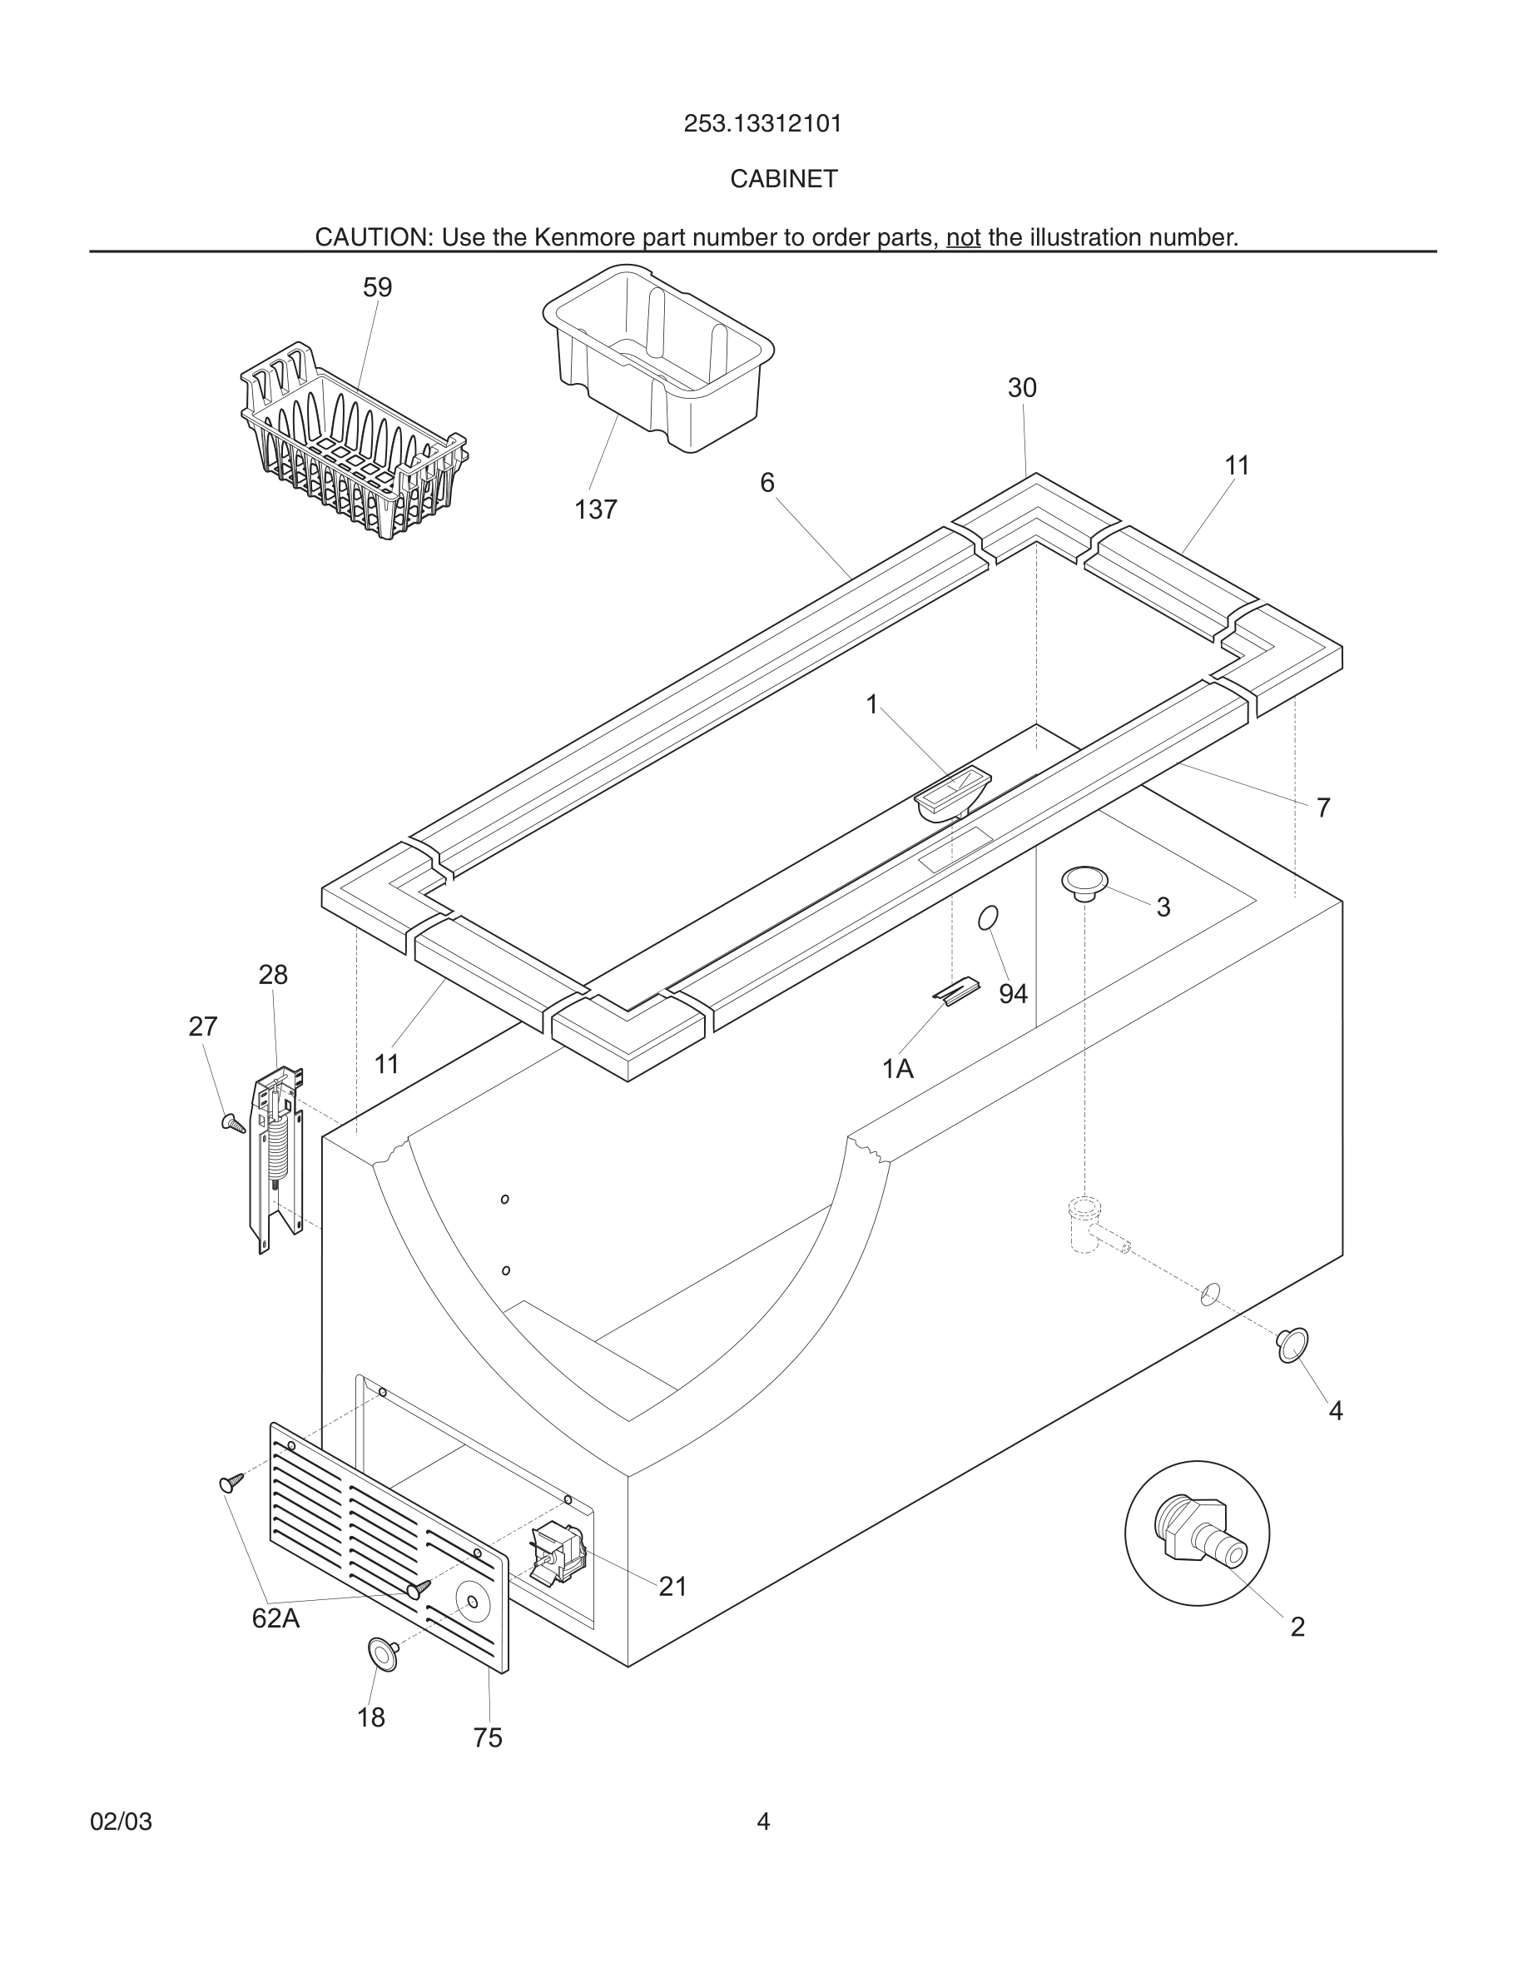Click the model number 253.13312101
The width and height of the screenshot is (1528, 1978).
762,123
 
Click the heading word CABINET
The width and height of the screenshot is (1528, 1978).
784,179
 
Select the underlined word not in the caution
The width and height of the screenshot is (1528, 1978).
963,237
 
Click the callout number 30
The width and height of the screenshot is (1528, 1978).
1022,388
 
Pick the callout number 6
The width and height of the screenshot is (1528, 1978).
766,483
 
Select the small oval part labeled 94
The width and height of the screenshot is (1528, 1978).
988,917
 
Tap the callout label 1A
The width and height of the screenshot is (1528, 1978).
898,1070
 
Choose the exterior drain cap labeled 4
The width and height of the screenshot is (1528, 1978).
1292,1344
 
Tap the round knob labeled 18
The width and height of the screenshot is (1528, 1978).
382,1654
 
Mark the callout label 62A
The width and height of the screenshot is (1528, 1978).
275,1618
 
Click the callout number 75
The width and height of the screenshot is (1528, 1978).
487,1738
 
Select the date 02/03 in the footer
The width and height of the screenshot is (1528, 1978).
121,1821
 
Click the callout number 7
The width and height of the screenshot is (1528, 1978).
1322,807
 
